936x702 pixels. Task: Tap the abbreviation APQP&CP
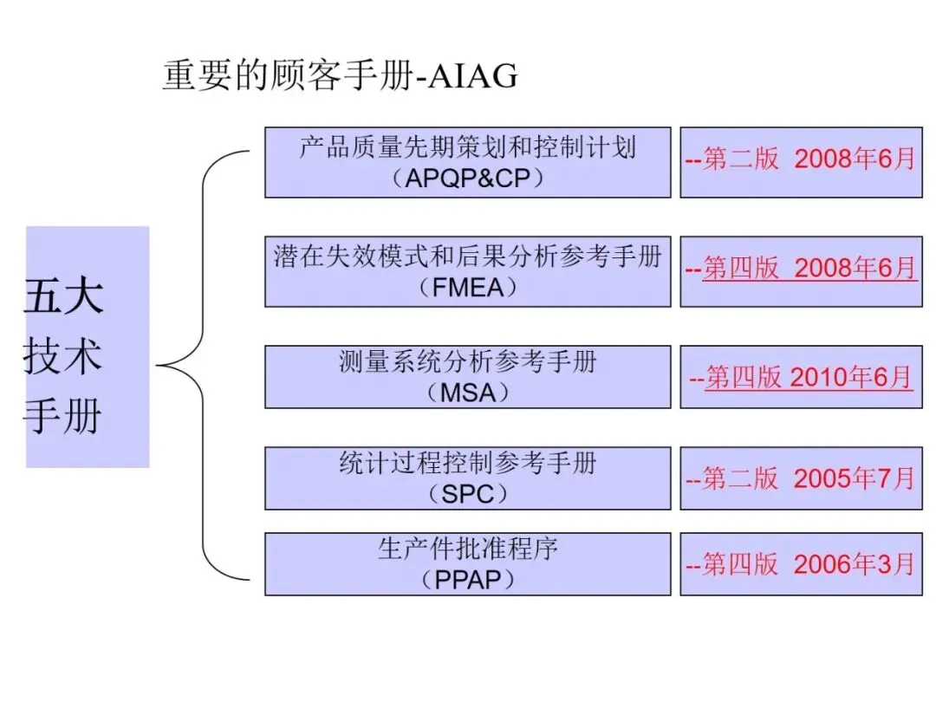467,179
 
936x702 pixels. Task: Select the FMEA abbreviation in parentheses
467,287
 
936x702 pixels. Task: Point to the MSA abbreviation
467,392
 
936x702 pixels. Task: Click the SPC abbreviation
467,494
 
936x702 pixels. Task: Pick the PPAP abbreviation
467,579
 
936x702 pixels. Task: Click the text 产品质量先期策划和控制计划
467,147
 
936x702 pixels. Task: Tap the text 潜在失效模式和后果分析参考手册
467,257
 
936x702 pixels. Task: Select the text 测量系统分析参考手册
467,361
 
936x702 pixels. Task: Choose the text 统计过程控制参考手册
467,463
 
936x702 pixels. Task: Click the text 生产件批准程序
467,549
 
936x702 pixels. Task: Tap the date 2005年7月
854,478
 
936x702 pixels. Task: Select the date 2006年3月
854,565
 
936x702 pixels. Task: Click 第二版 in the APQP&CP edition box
740,159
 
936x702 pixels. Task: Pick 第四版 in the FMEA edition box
740,269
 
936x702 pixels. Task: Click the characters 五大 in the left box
62,296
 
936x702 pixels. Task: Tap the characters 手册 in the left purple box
62,418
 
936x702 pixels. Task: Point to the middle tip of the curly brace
159,366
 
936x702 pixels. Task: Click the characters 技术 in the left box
62,357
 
